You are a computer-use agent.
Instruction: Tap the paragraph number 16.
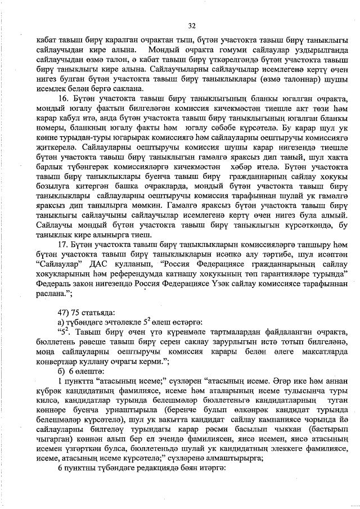(64, 98)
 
